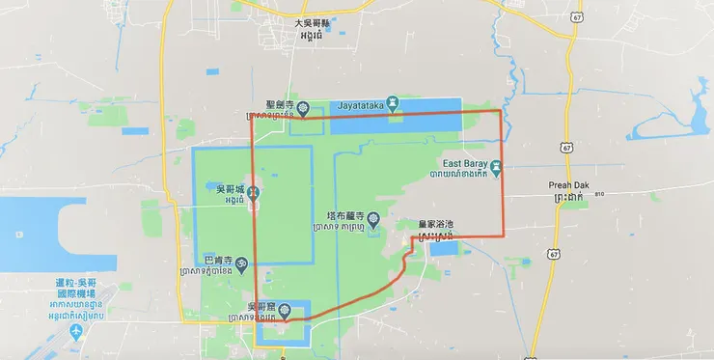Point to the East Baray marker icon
point(495,166)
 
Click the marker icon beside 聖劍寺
point(303,107)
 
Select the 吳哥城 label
point(219,189)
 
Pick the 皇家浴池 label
point(436,224)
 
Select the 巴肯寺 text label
point(217,260)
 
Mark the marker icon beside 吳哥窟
point(285,311)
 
